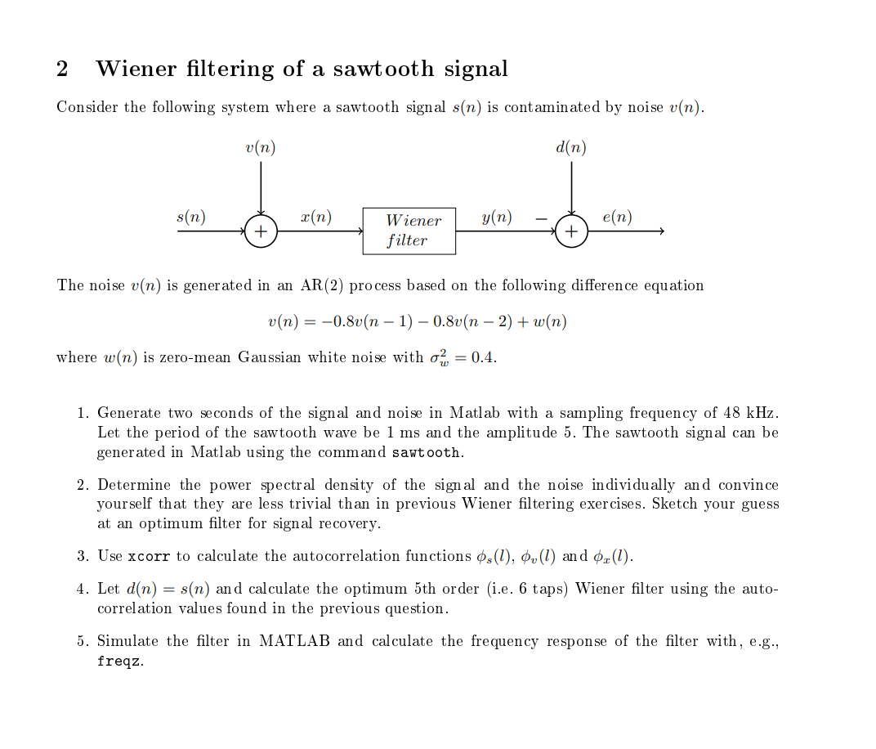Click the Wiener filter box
coord(409,231)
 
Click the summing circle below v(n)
coord(261,231)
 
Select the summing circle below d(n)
coord(571,231)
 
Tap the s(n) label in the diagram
coord(191,217)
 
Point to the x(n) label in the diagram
coord(315,217)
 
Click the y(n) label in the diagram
coord(497,217)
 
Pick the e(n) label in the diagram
coord(616,217)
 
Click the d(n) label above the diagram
coord(570,148)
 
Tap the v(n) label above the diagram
coord(260,148)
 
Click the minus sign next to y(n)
coord(540,218)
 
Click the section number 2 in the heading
coord(62,69)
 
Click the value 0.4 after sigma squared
coord(483,357)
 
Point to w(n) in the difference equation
coord(549,321)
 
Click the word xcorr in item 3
coord(149,557)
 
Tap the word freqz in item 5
coord(119,662)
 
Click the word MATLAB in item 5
coord(294,641)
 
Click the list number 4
coord(82,589)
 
